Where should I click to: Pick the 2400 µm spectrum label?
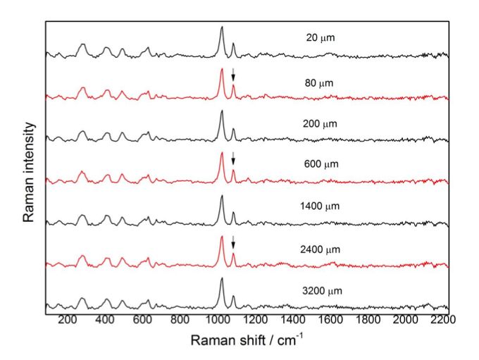point(318,249)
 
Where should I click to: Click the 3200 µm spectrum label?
point(318,290)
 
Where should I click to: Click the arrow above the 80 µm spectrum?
point(234,76)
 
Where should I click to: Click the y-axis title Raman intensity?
point(29,172)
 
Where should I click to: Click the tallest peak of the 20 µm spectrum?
point(222,28)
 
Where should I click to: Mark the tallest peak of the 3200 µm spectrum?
point(222,280)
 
